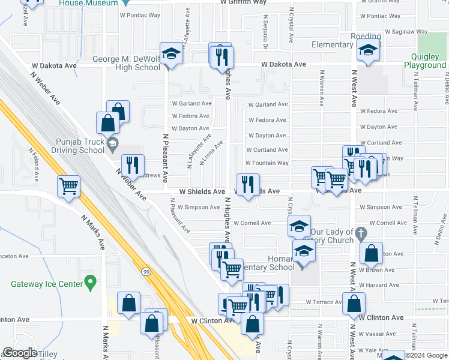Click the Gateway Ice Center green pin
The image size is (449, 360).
coord(90,281)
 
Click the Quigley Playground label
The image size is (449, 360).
coord(424,61)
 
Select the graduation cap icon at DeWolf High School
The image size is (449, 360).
coord(171,54)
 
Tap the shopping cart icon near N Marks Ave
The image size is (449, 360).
coord(69,187)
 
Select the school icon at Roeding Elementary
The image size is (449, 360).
coord(368,51)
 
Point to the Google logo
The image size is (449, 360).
coord(20,353)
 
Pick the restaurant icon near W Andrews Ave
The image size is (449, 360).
coord(133,166)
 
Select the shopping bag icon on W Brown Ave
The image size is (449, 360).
coord(372,254)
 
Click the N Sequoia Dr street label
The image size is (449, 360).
coord(265,37)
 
